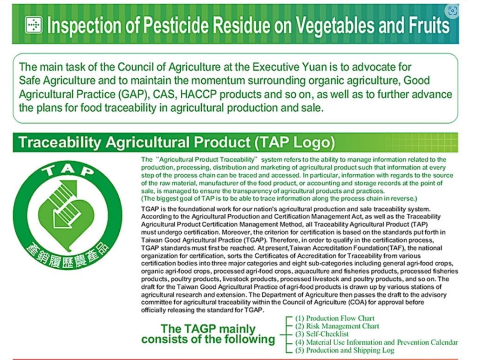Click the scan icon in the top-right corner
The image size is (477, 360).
click(x=452, y=11)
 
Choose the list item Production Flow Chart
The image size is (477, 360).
click(x=334, y=319)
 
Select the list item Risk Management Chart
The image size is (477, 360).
click(x=337, y=326)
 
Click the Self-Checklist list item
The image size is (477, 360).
click(x=322, y=334)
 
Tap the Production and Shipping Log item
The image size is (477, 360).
click(x=345, y=350)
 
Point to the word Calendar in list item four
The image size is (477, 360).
click(x=444, y=342)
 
